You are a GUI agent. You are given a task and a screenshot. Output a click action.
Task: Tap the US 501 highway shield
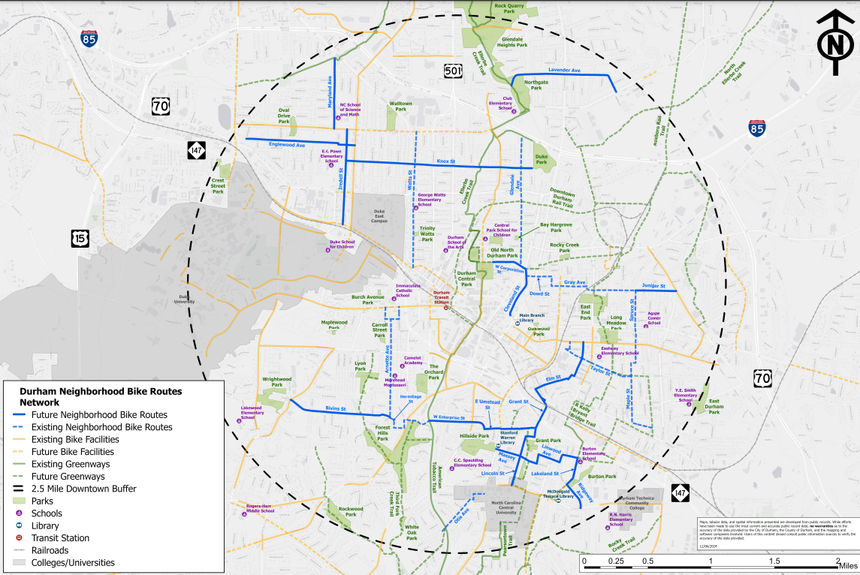(452, 71)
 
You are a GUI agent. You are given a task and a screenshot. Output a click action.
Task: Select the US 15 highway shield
(80, 239)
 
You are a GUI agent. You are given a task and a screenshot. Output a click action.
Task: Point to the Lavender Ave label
(565, 70)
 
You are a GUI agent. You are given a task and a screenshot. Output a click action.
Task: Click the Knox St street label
(446, 161)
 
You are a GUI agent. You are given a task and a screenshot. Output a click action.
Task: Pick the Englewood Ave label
(286, 144)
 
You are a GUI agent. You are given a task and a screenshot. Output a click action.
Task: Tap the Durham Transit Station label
(441, 296)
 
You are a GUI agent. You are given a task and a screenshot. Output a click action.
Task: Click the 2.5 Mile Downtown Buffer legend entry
(83, 489)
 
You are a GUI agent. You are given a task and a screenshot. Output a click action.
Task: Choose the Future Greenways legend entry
(68, 477)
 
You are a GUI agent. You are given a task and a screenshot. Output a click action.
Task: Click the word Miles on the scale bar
(849, 564)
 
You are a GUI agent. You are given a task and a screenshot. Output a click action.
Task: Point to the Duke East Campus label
(384, 215)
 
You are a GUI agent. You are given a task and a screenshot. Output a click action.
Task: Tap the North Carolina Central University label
(507, 507)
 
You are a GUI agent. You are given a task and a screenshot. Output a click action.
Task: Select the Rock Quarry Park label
(508, 8)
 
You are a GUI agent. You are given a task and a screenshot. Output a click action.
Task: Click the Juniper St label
(654, 285)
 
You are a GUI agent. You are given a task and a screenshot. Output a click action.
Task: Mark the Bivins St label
(336, 408)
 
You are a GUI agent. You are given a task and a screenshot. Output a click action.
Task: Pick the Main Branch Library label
(532, 317)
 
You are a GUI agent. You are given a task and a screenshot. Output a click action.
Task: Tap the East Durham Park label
(714, 406)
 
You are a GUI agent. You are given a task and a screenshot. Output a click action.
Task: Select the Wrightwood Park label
(276, 382)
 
